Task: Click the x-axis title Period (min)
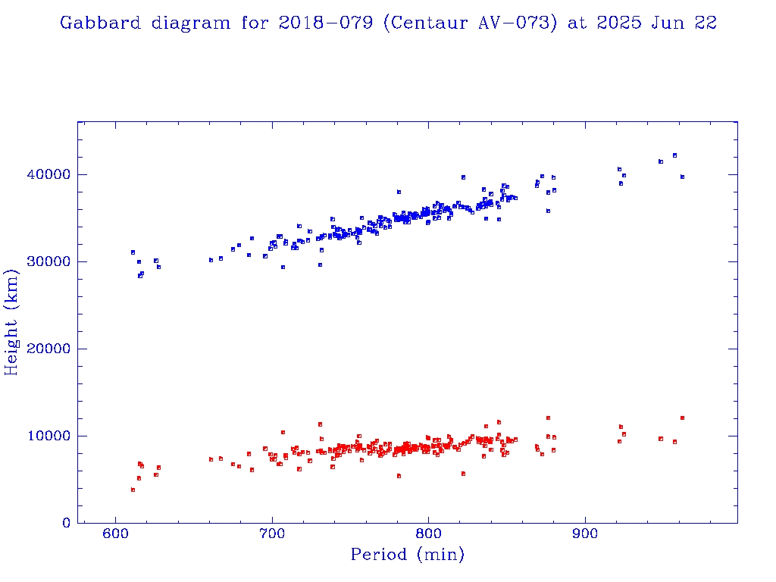point(407,555)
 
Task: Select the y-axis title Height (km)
point(11,322)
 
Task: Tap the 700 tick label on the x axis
point(272,536)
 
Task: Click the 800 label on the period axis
point(429,536)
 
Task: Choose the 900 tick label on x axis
point(585,536)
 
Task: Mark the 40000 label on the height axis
point(49,174)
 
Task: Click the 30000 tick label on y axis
point(49,261)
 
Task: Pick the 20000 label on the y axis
point(49,349)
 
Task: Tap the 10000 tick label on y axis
point(49,436)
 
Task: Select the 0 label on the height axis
point(67,523)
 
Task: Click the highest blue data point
point(674,155)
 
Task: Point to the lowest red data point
point(133,490)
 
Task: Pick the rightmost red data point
point(682,418)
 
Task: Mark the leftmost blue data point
point(133,252)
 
